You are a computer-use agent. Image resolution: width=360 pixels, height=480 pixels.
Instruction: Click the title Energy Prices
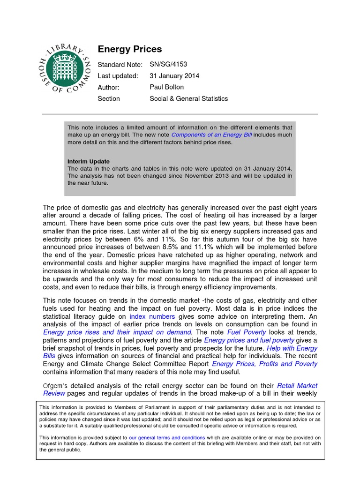[129, 49]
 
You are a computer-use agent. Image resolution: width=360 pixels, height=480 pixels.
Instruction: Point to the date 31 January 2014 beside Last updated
[174, 76]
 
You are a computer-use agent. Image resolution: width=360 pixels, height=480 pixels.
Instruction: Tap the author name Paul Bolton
[167, 87]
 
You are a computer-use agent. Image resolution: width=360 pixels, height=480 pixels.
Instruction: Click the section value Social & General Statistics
[188, 98]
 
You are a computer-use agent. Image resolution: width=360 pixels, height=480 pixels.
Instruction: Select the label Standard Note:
[120, 65]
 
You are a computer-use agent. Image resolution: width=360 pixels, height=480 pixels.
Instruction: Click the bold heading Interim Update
[89, 161]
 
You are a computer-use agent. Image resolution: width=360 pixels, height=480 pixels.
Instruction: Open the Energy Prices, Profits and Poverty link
[264, 364]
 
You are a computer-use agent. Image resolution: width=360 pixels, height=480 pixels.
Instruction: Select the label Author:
[108, 87]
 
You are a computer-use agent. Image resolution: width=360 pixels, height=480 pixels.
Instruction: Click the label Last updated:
[118, 76]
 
